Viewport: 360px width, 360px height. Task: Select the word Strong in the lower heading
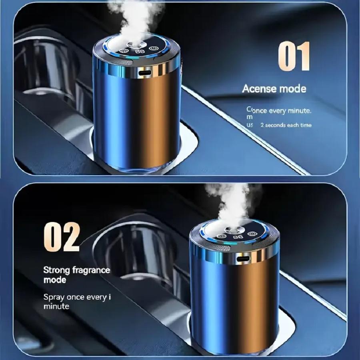coord(58,270)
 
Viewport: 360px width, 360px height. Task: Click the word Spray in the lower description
coord(53,297)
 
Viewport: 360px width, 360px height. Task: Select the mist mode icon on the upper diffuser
coord(124,51)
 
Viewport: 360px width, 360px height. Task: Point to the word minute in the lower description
coord(56,306)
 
